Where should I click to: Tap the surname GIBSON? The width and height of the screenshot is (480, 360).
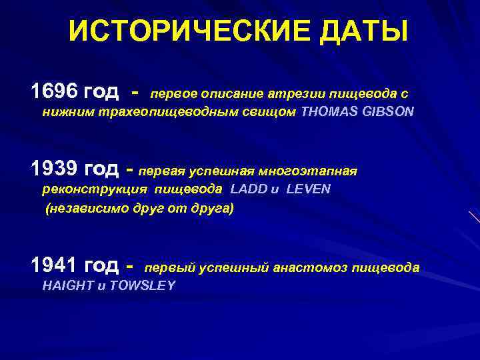390,113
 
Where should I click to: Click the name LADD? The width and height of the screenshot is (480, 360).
247,189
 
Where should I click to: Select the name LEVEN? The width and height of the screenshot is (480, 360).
308,189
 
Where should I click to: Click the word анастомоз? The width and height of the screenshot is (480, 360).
311,268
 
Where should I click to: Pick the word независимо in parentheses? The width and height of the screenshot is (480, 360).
81,209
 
